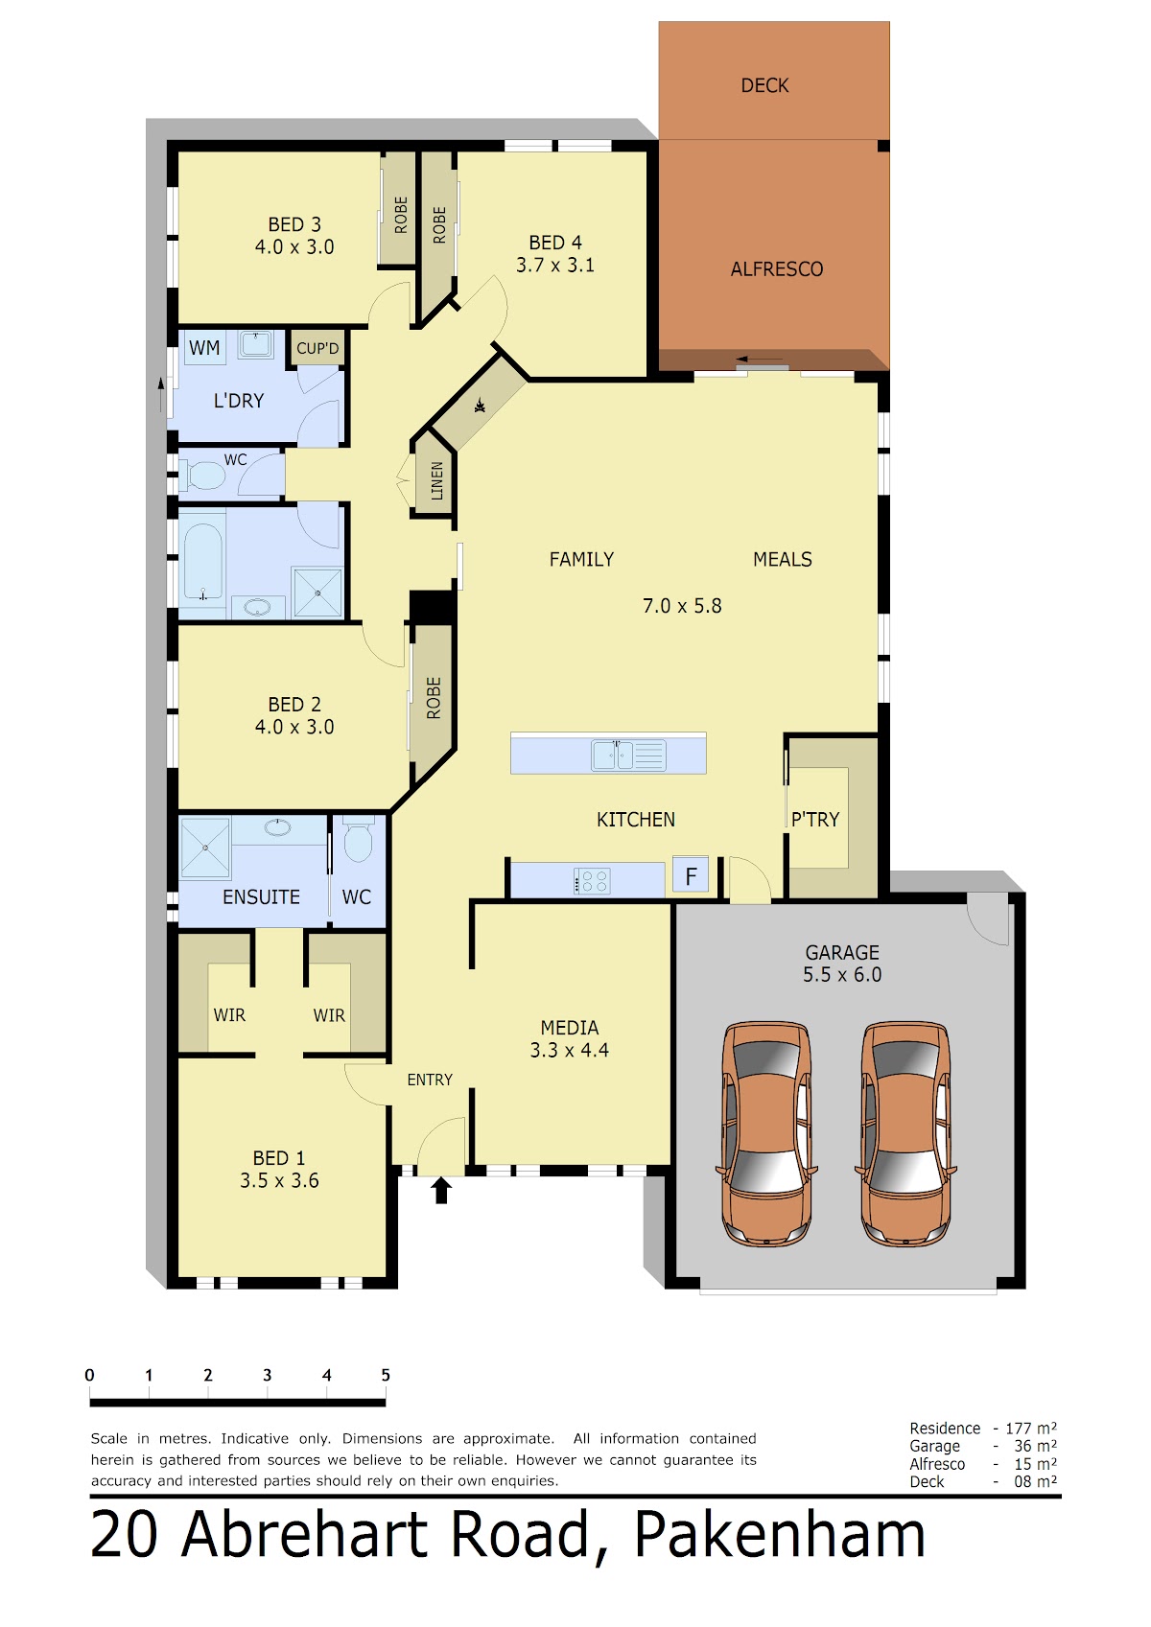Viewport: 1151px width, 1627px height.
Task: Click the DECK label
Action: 764,85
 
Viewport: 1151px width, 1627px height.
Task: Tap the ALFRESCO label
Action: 777,269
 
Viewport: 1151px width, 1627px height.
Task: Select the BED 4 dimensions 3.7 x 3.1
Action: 555,266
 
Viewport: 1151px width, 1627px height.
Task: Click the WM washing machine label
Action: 204,348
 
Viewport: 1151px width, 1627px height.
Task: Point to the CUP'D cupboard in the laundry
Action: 317,348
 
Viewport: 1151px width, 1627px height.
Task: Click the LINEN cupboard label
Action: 436,481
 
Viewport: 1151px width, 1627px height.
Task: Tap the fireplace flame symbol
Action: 480,406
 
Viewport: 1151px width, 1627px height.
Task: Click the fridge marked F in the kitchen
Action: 691,876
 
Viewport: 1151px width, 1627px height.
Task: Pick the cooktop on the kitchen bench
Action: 592,881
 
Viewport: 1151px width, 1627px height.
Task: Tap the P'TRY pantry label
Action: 814,820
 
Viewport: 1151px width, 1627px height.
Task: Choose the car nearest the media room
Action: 766,1134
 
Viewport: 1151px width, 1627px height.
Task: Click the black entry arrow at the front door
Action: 441,1191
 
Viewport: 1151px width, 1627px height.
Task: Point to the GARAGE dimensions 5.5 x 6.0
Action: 842,975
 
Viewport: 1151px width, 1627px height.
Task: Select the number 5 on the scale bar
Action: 386,1375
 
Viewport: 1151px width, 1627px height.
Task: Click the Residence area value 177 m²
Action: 1031,1428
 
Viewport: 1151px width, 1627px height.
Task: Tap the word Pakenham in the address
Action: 780,1535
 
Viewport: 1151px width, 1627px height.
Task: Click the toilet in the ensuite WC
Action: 358,839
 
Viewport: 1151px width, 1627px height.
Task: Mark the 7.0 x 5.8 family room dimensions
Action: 682,606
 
